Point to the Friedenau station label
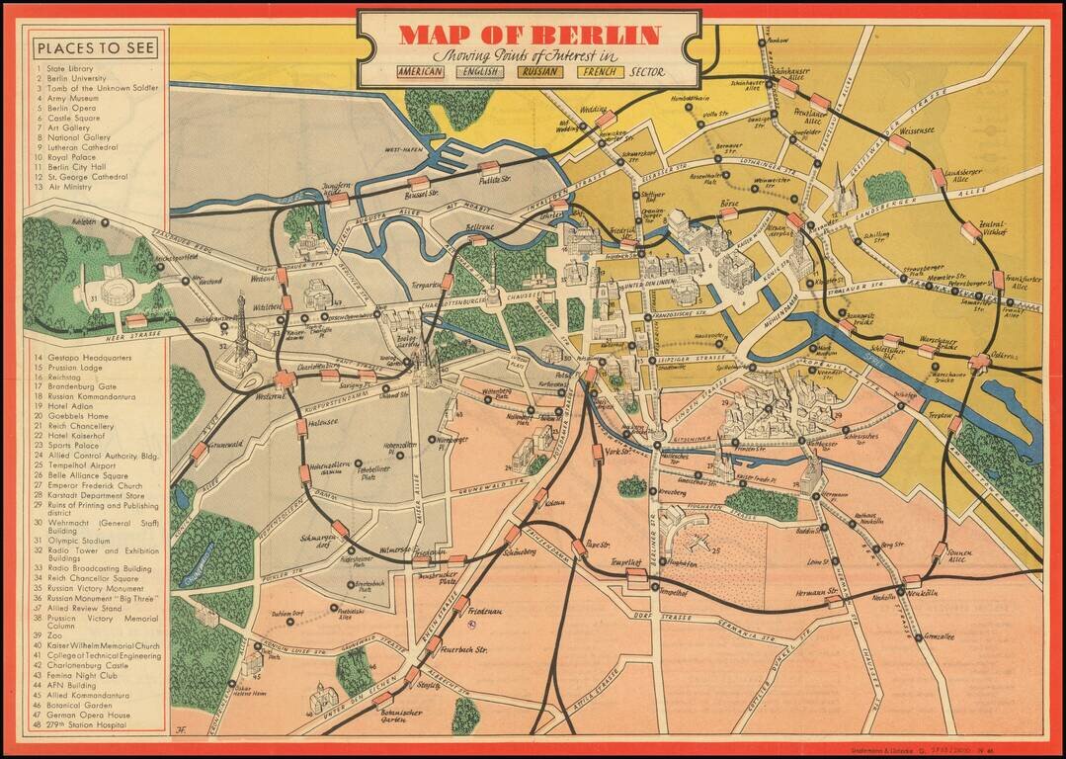487,612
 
